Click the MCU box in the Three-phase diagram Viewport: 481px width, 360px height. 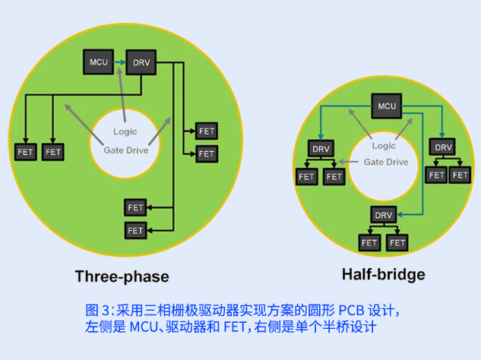[98, 62]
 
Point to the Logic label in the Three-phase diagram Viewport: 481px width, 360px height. [125, 132]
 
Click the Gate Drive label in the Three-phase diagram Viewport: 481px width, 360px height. [125, 150]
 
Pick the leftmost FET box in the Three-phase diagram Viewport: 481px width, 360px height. [25, 152]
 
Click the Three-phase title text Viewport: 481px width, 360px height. [122, 276]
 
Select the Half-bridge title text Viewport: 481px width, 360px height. [383, 274]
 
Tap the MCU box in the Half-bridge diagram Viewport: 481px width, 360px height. [387, 106]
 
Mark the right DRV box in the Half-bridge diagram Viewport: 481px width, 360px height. [442, 147]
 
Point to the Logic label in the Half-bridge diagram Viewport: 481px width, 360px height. [384, 146]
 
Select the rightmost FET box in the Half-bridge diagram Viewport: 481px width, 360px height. [460, 175]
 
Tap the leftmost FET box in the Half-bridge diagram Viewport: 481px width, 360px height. [306, 176]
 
